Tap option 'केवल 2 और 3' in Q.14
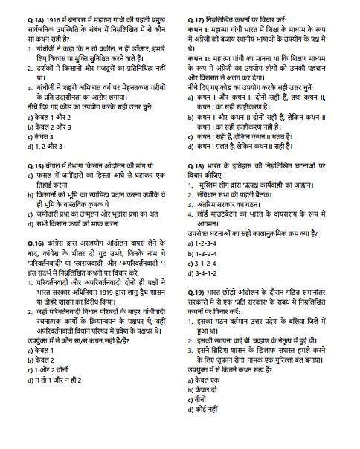33,126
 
